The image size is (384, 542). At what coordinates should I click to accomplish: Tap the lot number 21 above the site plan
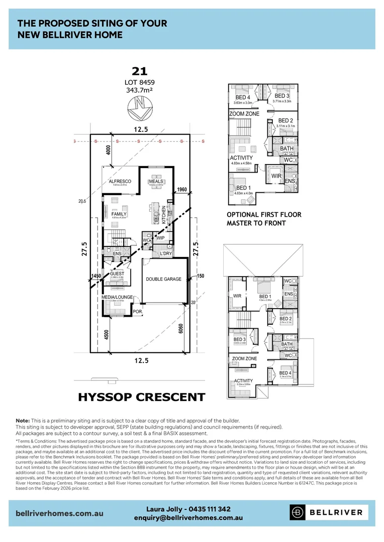[x=139, y=72]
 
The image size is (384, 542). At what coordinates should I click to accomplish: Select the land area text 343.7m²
[x=139, y=90]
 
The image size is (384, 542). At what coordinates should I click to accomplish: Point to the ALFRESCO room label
[x=121, y=181]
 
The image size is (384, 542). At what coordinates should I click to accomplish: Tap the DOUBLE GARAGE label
[x=163, y=279]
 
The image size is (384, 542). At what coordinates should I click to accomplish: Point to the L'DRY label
[x=166, y=253]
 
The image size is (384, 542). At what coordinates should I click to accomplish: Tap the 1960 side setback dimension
[x=181, y=190]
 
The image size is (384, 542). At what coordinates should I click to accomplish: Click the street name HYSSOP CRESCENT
[x=142, y=397]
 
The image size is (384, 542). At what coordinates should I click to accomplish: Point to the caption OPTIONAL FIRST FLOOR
[x=264, y=215]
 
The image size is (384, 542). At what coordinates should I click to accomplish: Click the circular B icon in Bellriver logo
[x=298, y=512]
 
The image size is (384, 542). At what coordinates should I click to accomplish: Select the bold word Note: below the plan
[x=23, y=420]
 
